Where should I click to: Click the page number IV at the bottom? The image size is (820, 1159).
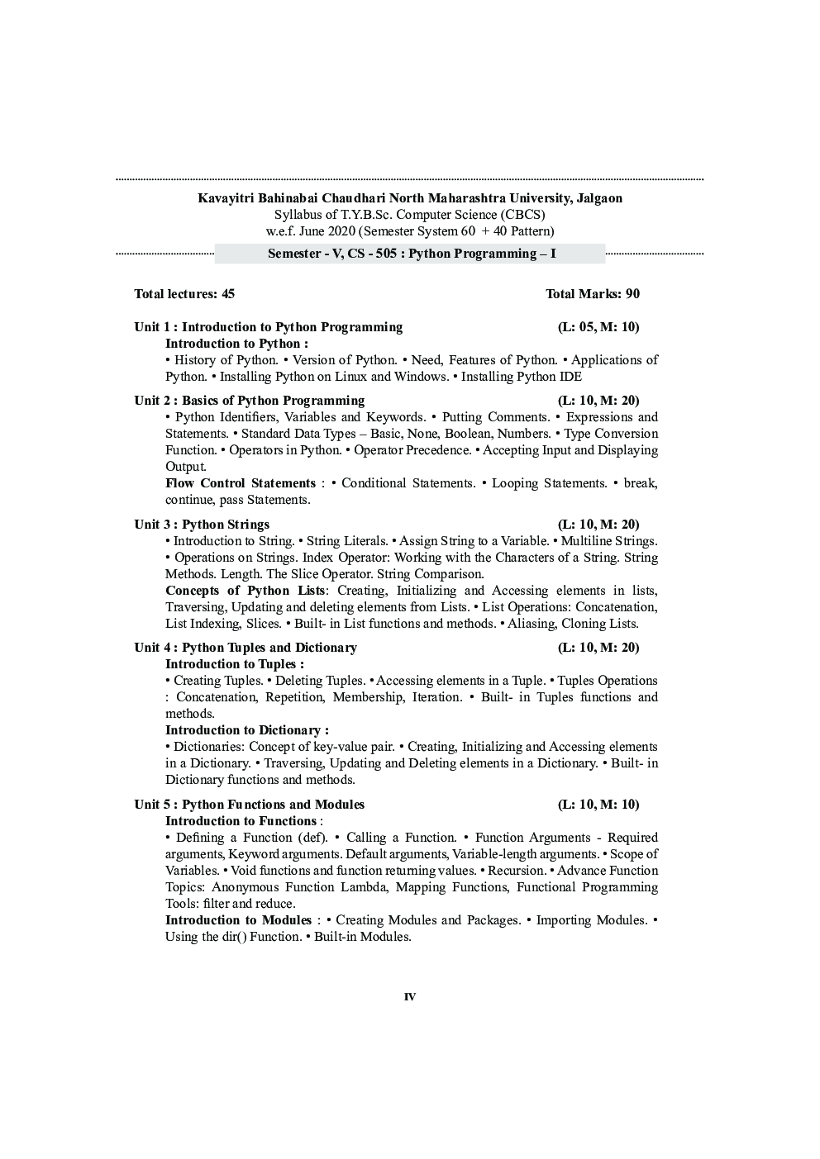click(410, 997)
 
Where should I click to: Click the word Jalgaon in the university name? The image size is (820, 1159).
click(598, 198)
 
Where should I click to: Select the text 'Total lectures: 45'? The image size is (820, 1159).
click(184, 294)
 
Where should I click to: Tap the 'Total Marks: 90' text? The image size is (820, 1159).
click(592, 294)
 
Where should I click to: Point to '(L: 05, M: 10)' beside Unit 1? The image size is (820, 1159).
click(598, 327)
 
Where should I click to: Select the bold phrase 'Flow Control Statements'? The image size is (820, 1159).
click(240, 483)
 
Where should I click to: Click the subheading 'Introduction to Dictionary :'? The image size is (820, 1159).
click(246, 730)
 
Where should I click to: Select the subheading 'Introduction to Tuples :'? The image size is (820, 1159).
click(234, 664)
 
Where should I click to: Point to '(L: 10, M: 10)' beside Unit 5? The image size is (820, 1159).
click(598, 805)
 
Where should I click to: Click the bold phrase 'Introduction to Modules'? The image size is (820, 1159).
click(238, 920)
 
